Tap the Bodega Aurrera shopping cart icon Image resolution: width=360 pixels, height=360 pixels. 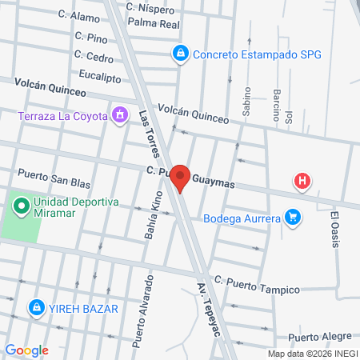pos(294,216)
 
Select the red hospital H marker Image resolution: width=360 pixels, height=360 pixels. pos(302,182)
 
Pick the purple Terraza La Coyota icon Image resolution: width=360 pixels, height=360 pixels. pos(120,115)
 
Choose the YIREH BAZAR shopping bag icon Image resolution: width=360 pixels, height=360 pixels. pos(36,307)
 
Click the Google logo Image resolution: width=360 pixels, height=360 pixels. pos(26,350)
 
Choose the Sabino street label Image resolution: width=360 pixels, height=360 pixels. pos(246,102)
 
